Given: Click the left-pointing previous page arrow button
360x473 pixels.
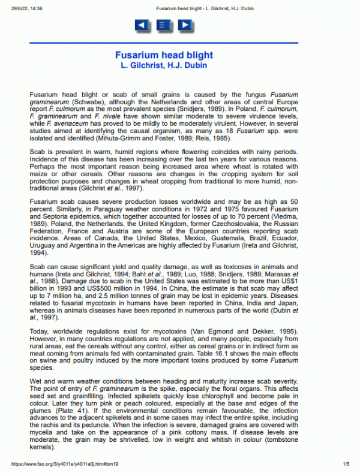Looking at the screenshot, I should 142,25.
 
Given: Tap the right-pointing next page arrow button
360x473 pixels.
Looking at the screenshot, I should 185,25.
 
